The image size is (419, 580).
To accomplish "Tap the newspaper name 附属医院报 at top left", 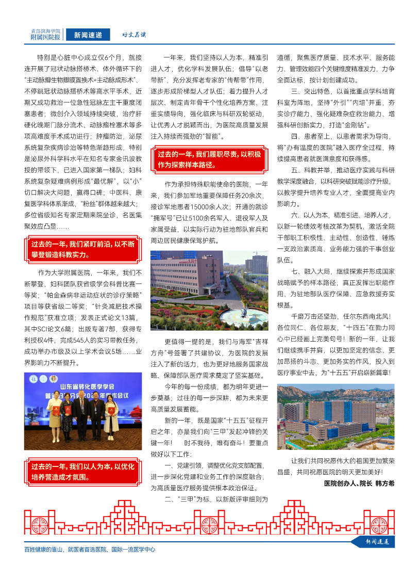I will [45, 38].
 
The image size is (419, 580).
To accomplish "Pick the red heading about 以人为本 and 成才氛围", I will [82, 472].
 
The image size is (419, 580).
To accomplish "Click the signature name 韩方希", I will [384, 484].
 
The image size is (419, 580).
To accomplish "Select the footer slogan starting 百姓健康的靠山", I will [90, 550].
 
